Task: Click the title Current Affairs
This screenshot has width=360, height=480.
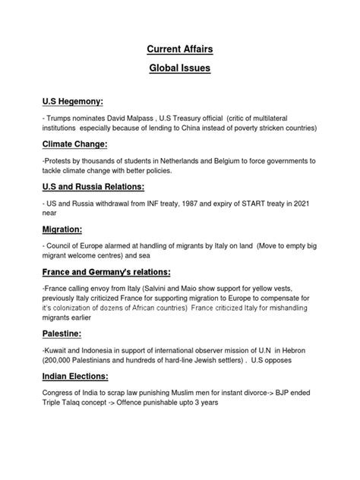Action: click(x=179, y=50)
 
